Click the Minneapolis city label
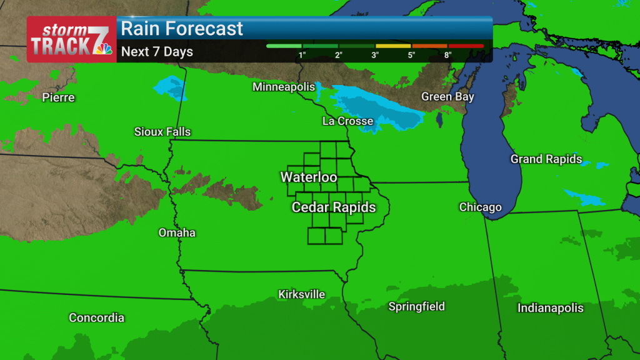tap(284, 87)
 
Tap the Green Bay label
tap(447, 97)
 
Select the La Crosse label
tap(347, 121)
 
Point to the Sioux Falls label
tap(162, 132)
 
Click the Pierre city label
tap(58, 97)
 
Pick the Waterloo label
tap(309, 177)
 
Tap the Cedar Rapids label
tap(334, 207)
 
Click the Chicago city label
tap(480, 207)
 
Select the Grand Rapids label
tap(546, 159)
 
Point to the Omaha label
tap(177, 233)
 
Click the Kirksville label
tap(302, 294)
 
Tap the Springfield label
tap(417, 307)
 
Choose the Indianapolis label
tap(551, 308)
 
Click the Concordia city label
tap(96, 318)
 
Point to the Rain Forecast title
tap(182, 29)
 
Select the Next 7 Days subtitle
tap(157, 52)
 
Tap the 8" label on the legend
tap(447, 56)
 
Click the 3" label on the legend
tap(375, 56)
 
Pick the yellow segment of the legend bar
tap(393, 46)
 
